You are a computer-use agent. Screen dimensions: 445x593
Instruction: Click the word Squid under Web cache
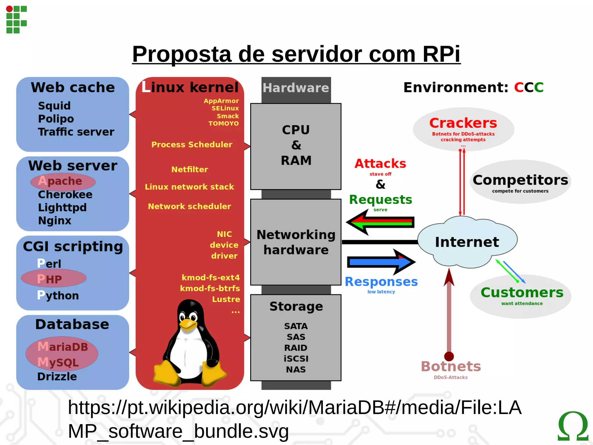(x=54, y=106)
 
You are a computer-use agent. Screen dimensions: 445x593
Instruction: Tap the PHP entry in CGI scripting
(x=50, y=279)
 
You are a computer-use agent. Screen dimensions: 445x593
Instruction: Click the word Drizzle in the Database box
(x=57, y=376)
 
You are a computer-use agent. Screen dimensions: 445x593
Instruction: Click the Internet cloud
(x=467, y=242)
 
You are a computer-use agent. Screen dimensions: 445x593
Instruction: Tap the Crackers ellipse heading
(x=463, y=123)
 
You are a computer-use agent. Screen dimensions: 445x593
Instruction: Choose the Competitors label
(x=520, y=180)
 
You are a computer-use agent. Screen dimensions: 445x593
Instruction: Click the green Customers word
(x=522, y=292)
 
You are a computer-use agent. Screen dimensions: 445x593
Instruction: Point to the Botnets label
(x=451, y=366)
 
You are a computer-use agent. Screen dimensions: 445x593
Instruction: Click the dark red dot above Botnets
(x=449, y=356)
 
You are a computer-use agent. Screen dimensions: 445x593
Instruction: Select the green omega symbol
(x=573, y=426)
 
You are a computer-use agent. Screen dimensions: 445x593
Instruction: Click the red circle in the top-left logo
(x=9, y=9)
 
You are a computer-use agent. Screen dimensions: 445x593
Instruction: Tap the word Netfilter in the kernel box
(x=190, y=169)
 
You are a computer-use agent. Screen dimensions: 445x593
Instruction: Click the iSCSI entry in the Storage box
(x=296, y=359)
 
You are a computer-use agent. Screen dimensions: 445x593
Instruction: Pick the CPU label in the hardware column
(x=296, y=130)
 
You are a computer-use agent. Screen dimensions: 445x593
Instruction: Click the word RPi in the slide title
(x=441, y=54)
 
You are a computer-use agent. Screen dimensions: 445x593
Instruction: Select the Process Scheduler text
(x=192, y=145)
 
